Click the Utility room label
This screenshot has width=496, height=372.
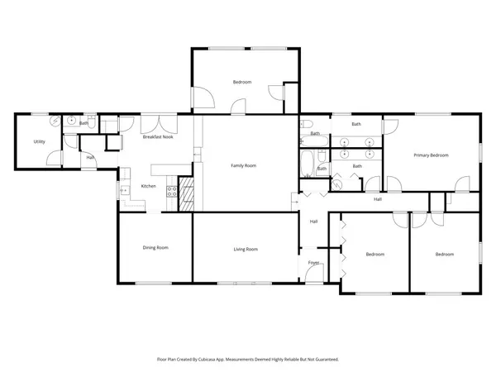(x=39, y=141)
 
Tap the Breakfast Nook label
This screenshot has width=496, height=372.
(x=157, y=137)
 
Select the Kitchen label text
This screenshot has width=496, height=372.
(x=149, y=186)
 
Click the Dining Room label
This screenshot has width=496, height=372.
(x=156, y=247)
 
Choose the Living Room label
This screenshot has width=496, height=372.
(x=246, y=249)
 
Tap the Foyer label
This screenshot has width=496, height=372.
(x=313, y=262)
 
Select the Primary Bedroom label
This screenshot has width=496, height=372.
(x=431, y=155)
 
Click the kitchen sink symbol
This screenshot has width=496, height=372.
(x=126, y=191)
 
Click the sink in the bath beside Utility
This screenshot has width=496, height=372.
(x=73, y=121)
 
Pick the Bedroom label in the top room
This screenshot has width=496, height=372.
(x=241, y=82)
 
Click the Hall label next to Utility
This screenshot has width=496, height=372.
(x=90, y=156)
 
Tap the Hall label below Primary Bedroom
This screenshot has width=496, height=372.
(x=377, y=199)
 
